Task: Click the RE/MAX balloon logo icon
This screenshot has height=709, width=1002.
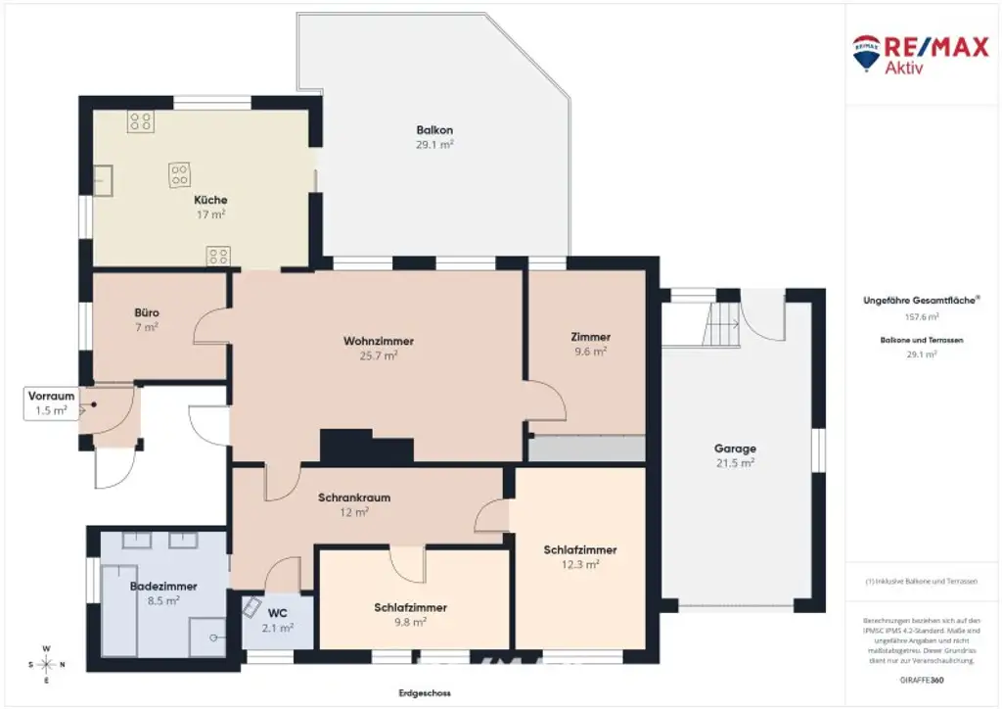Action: (866, 54)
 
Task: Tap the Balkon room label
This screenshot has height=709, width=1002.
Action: (434, 130)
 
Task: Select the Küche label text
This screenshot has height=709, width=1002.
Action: (210, 200)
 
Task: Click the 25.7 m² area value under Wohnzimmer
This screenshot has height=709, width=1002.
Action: (378, 356)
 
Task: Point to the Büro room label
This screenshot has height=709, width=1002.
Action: (147, 313)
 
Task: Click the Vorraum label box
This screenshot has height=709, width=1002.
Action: (51, 403)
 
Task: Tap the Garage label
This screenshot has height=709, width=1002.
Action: (735, 449)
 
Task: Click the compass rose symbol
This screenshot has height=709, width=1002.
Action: (47, 665)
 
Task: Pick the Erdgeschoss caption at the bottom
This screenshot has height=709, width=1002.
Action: (425, 693)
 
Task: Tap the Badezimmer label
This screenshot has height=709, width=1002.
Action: (163, 587)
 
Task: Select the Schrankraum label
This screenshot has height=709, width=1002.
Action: (354, 497)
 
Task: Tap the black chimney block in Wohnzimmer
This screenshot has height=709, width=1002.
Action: (365, 448)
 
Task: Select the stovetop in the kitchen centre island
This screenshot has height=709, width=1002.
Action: (179, 175)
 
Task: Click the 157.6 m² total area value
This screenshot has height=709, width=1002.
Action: (921, 317)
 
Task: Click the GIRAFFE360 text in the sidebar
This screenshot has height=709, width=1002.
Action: (921, 679)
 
